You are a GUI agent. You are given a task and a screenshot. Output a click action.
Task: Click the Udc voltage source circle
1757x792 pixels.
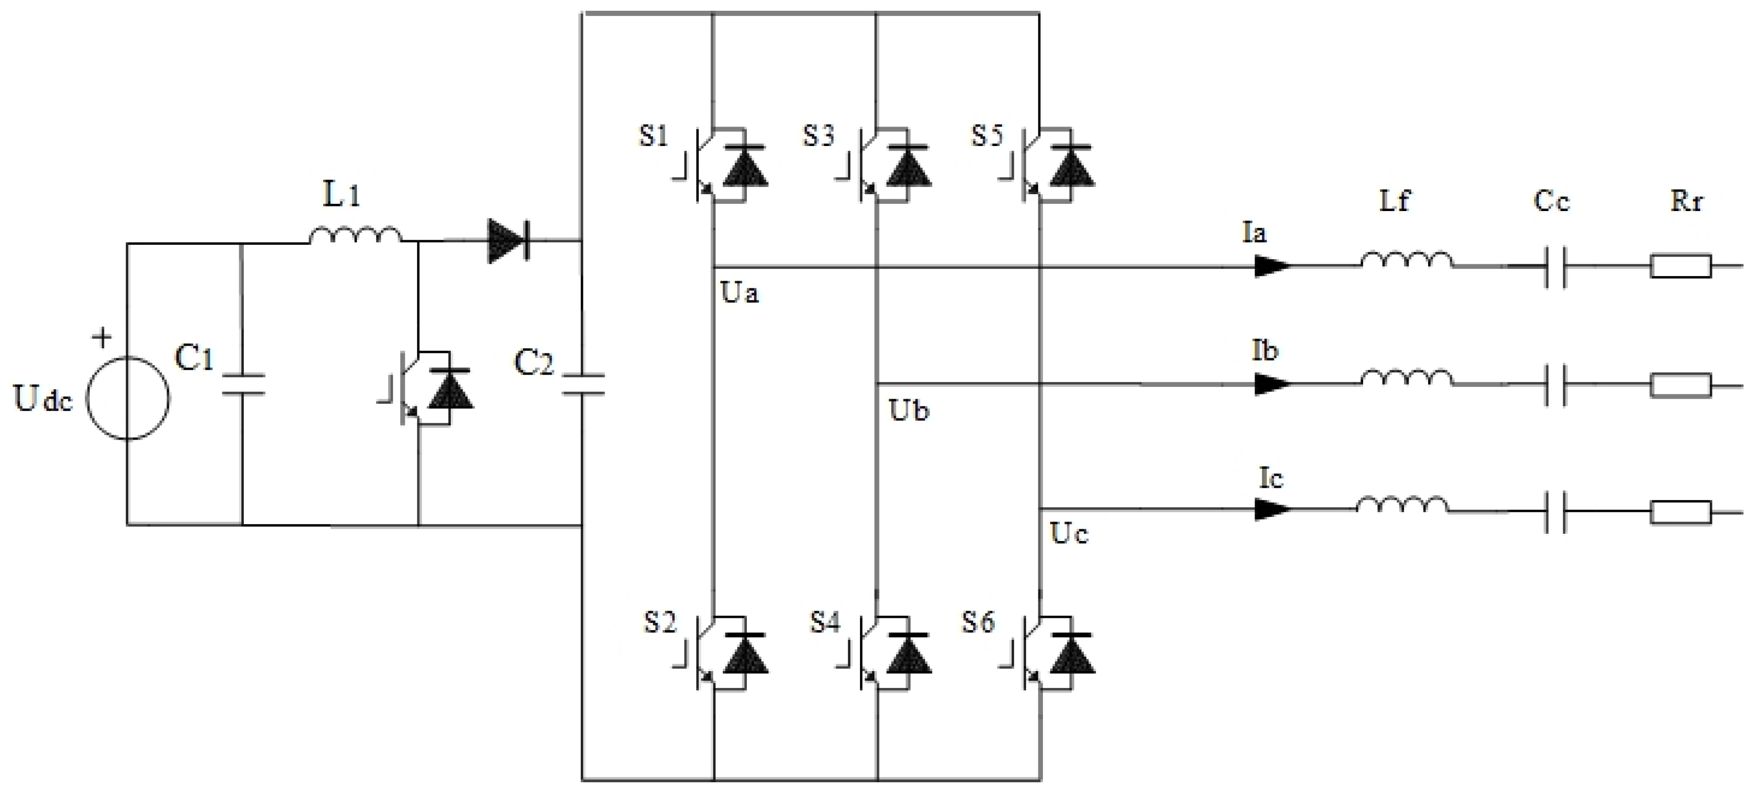tap(128, 399)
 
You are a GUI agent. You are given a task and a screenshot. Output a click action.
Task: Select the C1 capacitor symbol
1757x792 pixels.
tap(242, 384)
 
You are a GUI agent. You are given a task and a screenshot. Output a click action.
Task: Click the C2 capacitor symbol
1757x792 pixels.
tap(582, 384)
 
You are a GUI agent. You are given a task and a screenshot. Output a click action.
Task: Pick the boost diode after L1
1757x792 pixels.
tap(508, 240)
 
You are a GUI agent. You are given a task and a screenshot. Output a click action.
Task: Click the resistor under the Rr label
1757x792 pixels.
tap(1681, 265)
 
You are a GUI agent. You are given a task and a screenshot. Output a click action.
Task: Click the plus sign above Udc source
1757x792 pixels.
tap(102, 337)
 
